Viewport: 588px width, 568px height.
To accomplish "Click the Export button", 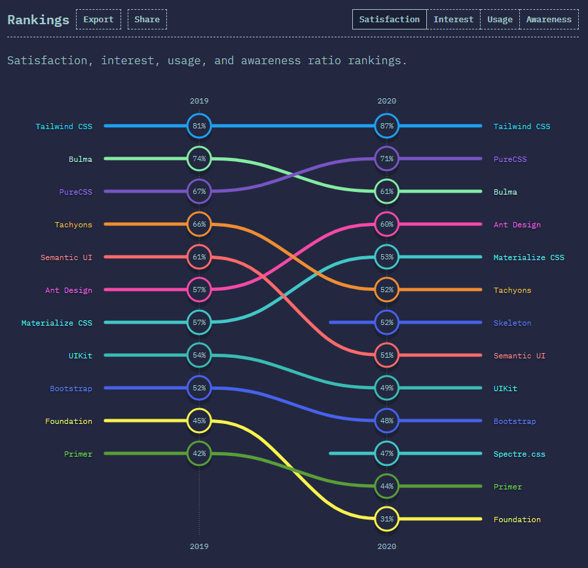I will click(98, 19).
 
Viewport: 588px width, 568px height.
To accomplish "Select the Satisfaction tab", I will click(389, 19).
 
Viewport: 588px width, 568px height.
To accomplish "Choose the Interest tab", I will click(453, 19).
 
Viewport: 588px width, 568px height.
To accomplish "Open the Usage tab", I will click(500, 19).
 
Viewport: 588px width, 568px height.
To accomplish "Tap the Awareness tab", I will click(549, 19).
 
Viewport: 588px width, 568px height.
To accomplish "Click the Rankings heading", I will click(38, 20).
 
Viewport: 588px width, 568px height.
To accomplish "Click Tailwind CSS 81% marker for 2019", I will click(199, 126).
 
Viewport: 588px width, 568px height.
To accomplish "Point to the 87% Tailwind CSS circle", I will click(386, 126).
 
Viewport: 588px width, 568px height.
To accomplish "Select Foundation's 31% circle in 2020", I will click(386, 519).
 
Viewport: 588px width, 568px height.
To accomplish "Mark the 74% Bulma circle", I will click(199, 159).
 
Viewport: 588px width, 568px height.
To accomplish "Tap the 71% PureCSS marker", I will click(386, 159).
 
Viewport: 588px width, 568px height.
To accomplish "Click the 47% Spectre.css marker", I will click(386, 453).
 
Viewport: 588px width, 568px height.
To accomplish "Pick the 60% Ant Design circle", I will click(386, 224).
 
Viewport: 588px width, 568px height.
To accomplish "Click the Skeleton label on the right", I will click(512, 323).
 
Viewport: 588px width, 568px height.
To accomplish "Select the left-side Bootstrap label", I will click(71, 388).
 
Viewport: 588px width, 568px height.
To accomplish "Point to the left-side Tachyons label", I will click(73, 225).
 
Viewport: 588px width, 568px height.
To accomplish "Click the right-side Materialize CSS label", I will click(528, 257).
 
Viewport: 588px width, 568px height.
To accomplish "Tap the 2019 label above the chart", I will click(199, 101).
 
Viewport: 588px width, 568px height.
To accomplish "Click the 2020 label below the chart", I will click(386, 546).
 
